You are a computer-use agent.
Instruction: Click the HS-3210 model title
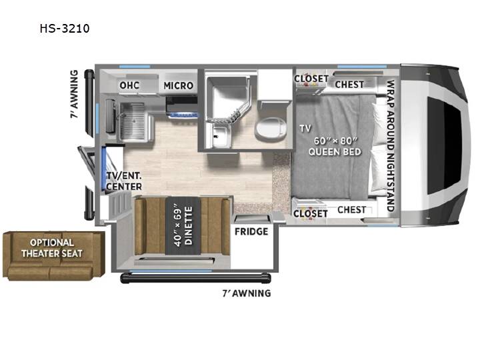pyautogui.click(x=65, y=29)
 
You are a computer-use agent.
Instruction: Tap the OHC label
pyautogui.click(x=129, y=85)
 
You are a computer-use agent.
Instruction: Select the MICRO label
pyautogui.click(x=179, y=85)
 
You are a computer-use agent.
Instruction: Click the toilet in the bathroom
pyautogui.click(x=271, y=129)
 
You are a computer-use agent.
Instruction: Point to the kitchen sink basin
pyautogui.click(x=132, y=121)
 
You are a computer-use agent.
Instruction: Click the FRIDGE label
pyautogui.click(x=251, y=231)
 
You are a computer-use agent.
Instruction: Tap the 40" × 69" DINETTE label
pyautogui.click(x=183, y=225)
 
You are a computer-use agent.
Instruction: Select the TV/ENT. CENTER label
pyautogui.click(x=124, y=181)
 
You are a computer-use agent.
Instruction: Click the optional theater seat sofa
pyautogui.click(x=54, y=256)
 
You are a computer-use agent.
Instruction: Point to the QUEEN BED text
pyautogui.click(x=335, y=151)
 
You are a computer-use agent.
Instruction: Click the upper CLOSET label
pyautogui.click(x=311, y=79)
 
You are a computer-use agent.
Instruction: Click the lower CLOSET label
pyautogui.click(x=311, y=213)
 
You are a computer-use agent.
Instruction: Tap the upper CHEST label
pyautogui.click(x=349, y=84)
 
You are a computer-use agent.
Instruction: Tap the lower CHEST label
pyautogui.click(x=352, y=210)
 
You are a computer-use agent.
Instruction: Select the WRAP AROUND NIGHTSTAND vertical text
pyautogui.click(x=390, y=146)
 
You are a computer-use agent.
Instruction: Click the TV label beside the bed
pyautogui.click(x=305, y=129)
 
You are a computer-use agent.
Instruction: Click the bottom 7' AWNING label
pyautogui.click(x=247, y=293)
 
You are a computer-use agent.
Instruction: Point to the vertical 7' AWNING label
pyautogui.click(x=74, y=94)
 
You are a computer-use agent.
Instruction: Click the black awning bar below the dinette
pyautogui.click(x=195, y=278)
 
